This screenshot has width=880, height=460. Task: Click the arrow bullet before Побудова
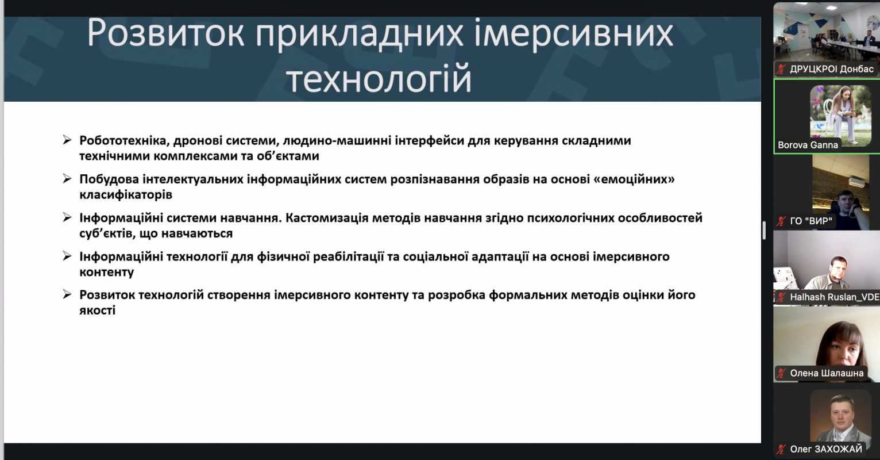pos(67,179)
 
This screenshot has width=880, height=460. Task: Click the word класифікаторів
pos(126,195)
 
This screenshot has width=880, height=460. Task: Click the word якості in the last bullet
pos(98,310)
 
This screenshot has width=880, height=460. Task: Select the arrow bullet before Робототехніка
pos(67,140)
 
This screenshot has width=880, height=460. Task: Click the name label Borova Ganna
pos(808,145)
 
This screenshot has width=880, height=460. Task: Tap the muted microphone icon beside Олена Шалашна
pos(781,373)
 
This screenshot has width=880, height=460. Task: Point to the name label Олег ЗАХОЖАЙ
pos(826,449)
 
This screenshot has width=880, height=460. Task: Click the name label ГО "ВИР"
pos(811,221)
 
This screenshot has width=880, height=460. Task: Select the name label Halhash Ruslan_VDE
pos(835,297)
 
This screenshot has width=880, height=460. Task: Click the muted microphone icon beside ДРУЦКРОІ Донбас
pos(781,70)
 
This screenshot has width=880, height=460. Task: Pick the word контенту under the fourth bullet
pos(106,272)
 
